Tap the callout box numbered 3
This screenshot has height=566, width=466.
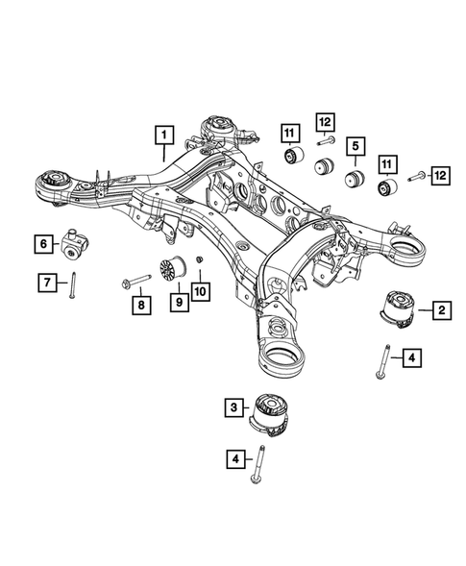233,409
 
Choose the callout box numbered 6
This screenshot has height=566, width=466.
43,244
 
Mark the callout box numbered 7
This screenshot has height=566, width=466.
43,282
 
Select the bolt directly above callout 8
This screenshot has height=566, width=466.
136,281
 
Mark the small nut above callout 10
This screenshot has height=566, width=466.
199,261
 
